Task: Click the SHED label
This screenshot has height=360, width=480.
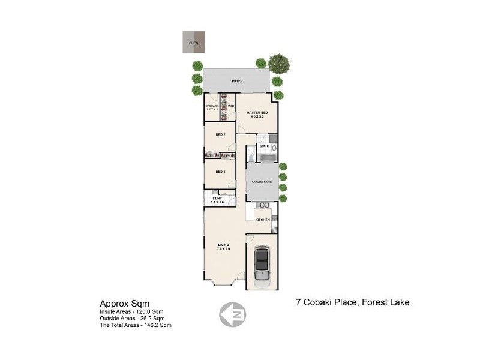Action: coord(193,43)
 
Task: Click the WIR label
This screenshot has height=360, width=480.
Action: coord(230,106)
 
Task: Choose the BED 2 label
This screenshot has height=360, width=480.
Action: coord(220,134)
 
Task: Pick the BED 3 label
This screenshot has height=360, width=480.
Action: coord(220,172)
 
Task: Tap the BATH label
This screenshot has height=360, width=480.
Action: coord(264,146)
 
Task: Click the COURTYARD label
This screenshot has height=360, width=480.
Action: coord(262,182)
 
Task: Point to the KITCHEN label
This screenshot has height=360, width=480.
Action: coord(262,220)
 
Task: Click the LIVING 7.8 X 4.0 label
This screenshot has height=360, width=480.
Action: coord(223,246)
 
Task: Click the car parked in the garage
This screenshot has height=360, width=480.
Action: coord(262,263)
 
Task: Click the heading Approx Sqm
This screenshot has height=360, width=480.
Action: coord(124,304)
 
